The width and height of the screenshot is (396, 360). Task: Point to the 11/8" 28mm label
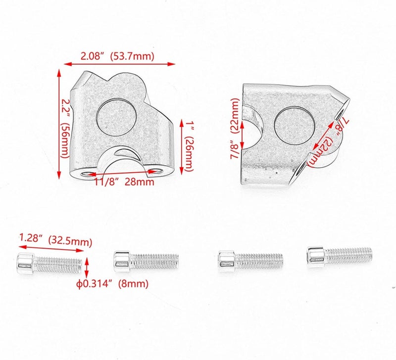point(124,181)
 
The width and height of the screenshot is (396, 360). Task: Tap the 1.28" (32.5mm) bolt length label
point(55,241)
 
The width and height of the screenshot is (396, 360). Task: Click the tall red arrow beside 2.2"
point(59,124)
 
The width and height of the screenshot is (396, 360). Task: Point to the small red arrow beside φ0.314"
point(87,269)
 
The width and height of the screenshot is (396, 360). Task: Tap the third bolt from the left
point(250,260)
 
